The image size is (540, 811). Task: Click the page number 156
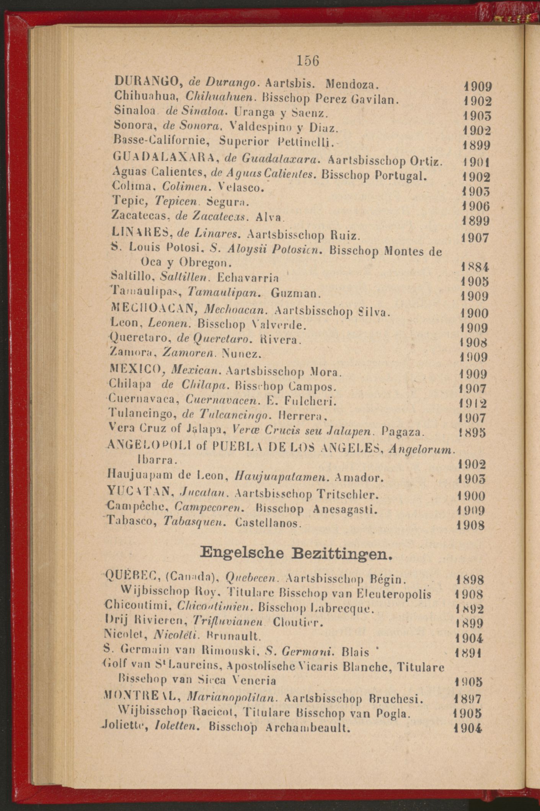click(x=308, y=61)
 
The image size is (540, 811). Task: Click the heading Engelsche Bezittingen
click(x=297, y=554)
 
